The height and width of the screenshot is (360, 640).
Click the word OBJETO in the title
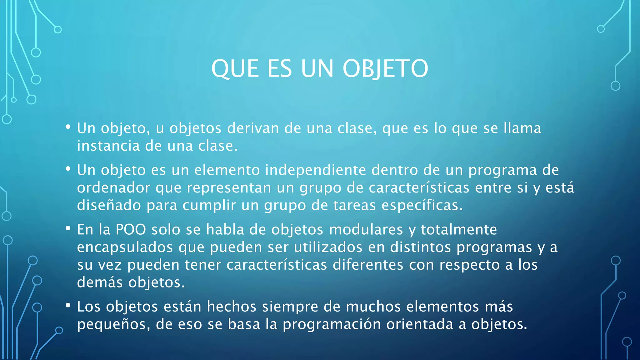click(385, 69)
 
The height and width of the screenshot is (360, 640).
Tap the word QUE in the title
click(235, 69)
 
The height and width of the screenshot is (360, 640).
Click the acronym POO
click(131, 230)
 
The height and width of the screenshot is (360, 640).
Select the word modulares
click(366, 230)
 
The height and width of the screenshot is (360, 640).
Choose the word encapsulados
click(125, 247)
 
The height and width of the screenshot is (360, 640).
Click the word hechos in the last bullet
click(232, 307)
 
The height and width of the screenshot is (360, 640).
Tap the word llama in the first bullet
click(522, 128)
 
